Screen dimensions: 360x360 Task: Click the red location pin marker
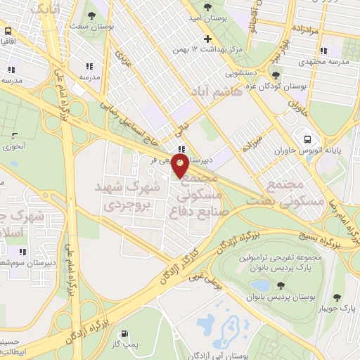(181, 165)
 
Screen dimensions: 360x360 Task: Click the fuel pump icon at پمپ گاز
(125, 335)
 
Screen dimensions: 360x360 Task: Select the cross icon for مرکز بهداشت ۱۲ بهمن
(207, 39)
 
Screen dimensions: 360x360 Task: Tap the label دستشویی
(243, 72)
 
